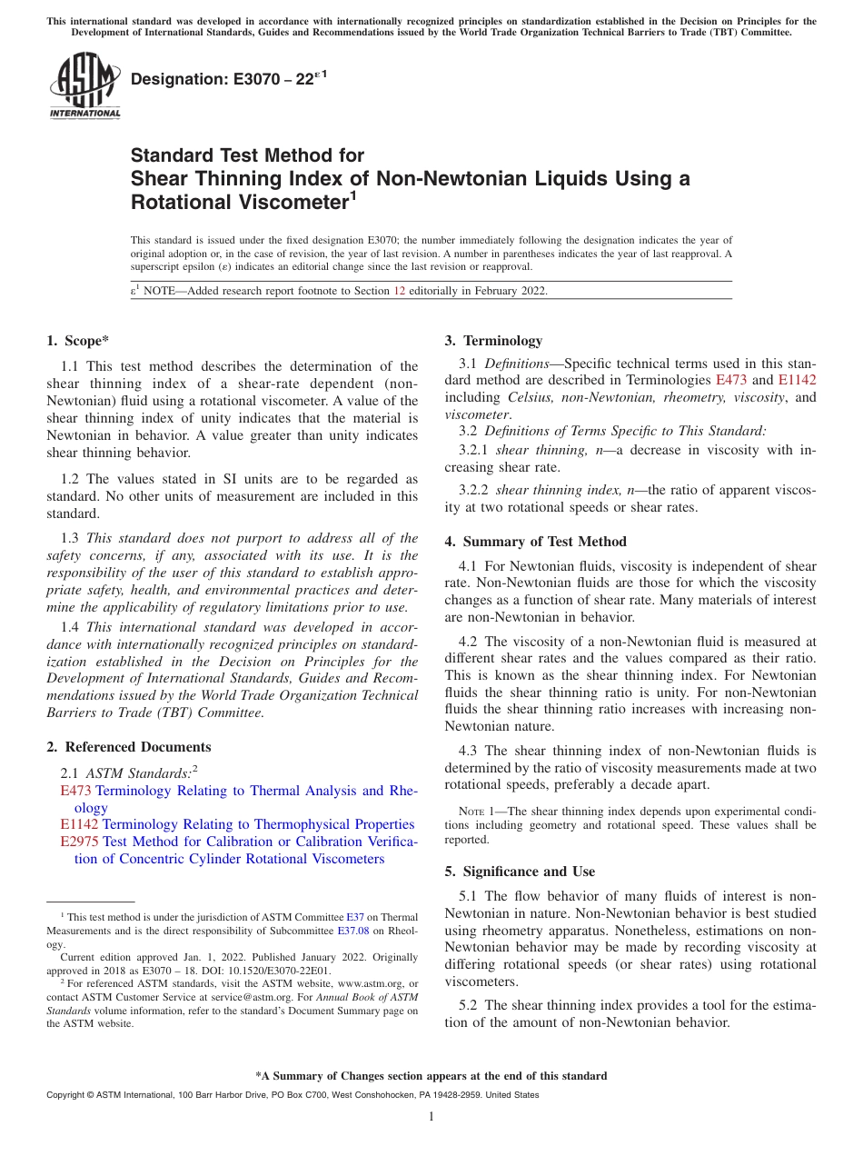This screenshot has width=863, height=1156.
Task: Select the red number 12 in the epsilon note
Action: (399, 291)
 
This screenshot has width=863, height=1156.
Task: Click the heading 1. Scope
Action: (77, 341)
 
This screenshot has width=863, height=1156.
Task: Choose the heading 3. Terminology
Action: (493, 341)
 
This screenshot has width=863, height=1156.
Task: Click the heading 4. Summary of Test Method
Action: (535, 542)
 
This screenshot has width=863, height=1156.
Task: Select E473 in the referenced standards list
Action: (75, 791)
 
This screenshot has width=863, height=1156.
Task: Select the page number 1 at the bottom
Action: (431, 1117)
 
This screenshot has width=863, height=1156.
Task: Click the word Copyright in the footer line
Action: (67, 1095)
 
